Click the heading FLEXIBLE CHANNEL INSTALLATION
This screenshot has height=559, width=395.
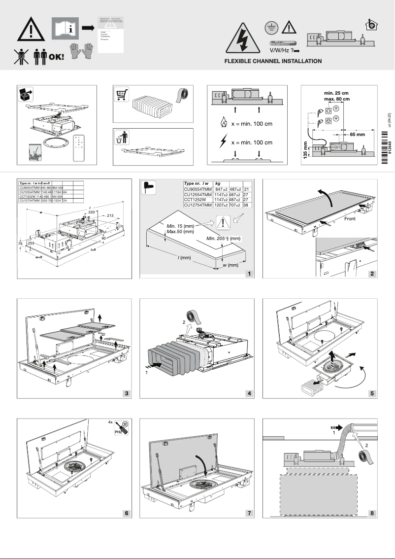[273, 61]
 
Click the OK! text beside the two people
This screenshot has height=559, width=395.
[56, 56]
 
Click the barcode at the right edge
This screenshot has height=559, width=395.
[385, 143]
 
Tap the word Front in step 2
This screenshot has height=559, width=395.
[350, 217]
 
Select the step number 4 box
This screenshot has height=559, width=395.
[249, 393]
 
